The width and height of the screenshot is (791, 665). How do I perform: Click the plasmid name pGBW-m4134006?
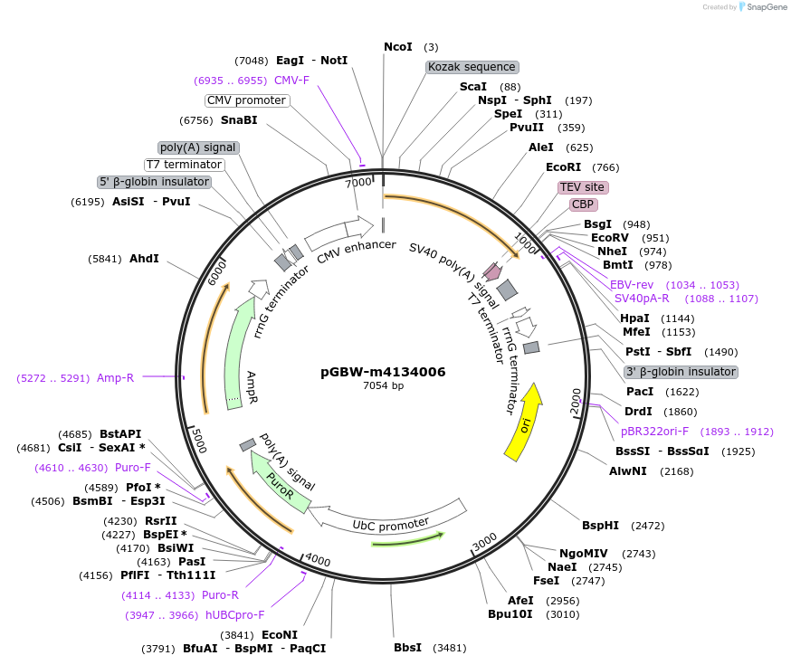coord(383,372)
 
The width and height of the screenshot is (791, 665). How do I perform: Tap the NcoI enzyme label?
coord(397,46)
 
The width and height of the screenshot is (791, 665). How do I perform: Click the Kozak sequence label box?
coord(472,67)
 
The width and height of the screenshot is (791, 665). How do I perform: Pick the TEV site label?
coord(582,187)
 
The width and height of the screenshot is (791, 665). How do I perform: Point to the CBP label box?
coord(582,204)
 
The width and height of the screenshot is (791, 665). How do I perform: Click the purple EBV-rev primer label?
coord(631,285)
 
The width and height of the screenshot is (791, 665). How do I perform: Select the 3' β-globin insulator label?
coord(680,372)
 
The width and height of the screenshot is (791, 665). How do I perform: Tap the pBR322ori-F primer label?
coord(660,432)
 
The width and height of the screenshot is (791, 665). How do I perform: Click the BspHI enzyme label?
coord(600,525)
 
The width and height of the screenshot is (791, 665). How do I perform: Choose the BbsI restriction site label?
coord(408,648)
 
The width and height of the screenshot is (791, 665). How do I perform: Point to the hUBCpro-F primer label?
coord(234,615)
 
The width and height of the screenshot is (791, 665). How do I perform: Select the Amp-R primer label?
coord(115,377)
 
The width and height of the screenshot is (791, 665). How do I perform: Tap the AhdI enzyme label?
coord(144,259)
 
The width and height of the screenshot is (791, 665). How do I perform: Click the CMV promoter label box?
coord(246,100)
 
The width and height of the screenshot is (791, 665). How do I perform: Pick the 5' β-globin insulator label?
coord(155,182)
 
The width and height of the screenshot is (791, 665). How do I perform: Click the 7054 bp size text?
coord(383,385)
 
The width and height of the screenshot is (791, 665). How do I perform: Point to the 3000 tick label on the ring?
coord(485,540)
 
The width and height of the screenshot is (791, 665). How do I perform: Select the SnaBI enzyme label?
coord(239,119)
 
